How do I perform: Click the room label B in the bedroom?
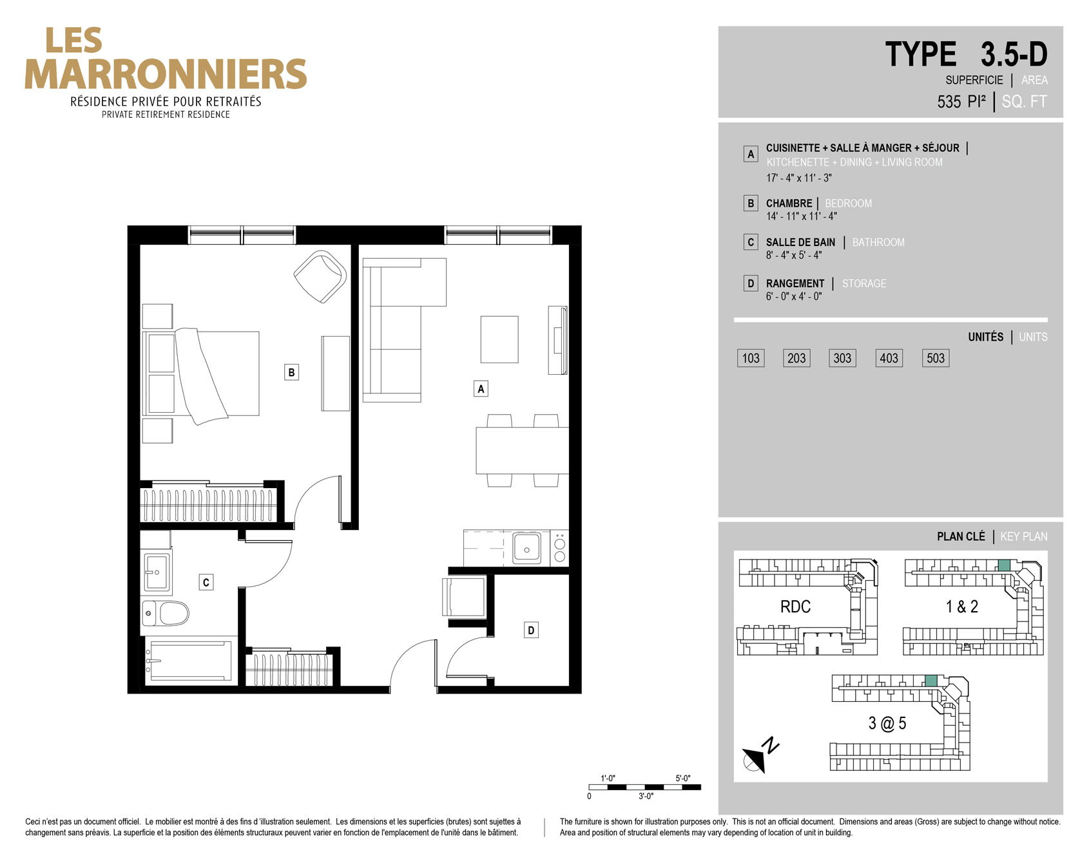291,372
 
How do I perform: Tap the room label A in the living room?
481,389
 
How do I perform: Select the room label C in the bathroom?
206,583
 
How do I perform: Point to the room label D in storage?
531,630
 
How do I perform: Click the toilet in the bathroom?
166,613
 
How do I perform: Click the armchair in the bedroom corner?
320,276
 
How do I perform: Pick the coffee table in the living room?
499,339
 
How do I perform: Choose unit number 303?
842,358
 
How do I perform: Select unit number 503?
936,358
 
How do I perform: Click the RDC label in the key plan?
795,607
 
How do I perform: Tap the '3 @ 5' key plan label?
887,724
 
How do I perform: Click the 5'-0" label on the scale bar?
683,779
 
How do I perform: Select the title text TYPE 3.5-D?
966,54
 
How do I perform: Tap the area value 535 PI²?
961,102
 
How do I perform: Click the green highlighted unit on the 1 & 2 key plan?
1003,565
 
